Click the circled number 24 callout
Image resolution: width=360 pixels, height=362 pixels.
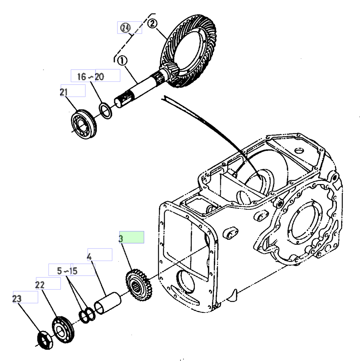tap(125, 28)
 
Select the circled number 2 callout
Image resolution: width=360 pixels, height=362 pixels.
tap(152, 24)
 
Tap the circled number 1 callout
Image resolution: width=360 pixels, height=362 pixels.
tap(122, 61)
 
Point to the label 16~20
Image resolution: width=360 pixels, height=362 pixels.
tap(91, 77)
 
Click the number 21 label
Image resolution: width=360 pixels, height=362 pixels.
tap(64, 92)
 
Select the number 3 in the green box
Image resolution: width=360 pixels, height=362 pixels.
tap(121, 239)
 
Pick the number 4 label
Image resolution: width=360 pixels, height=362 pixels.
tap(89, 257)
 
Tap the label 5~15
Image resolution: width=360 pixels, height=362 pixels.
tap(67, 271)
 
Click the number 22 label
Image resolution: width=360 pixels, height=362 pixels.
tap(40, 285)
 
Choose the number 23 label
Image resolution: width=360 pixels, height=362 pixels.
tap(17, 299)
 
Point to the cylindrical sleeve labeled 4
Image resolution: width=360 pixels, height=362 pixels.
tap(108, 303)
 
